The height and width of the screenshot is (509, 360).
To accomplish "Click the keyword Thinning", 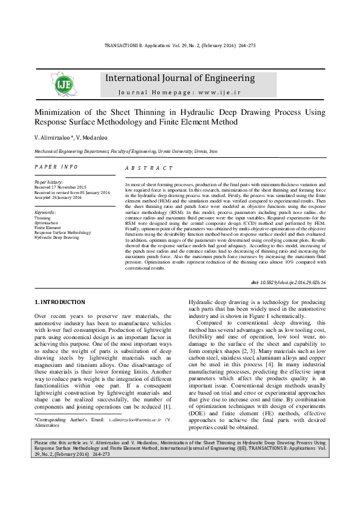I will point(42,218).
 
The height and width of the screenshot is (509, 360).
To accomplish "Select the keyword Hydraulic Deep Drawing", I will point(57,238).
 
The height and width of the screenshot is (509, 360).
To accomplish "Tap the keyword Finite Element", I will point(47,228).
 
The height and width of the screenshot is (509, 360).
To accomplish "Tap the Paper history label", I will point(48,182).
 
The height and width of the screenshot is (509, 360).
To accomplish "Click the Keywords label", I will point(45,213).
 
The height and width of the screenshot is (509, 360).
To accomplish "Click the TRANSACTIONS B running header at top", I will point(180,46).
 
